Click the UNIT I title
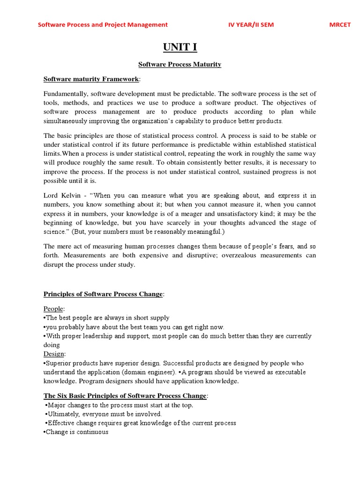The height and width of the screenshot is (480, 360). pyautogui.click(x=180, y=47)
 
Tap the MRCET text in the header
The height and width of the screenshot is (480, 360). pyautogui.click(x=339, y=25)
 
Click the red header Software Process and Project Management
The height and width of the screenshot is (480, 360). pyautogui.click(x=103, y=25)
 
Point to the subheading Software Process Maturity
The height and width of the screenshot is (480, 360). pyautogui.click(x=180, y=64)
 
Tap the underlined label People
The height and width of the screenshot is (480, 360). pyautogui.click(x=54, y=309)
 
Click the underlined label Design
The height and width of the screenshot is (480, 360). pyautogui.click(x=54, y=354)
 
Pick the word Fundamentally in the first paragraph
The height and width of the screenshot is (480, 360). pyautogui.click(x=63, y=93)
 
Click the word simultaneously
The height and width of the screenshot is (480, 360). pyautogui.click(x=67, y=120)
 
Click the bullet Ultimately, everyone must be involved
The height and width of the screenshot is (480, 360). pyautogui.click(x=104, y=414)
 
